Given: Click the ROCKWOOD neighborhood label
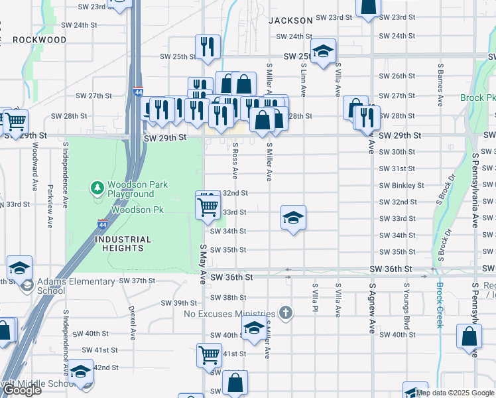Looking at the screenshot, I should coord(39,40).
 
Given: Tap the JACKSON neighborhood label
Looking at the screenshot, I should coord(290,21).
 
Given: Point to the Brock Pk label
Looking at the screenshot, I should coord(477,98).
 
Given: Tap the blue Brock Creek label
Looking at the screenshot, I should coord(440,305).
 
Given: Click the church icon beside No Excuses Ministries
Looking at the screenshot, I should coord(285,312).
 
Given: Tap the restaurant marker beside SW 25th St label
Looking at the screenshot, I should coord(208,46).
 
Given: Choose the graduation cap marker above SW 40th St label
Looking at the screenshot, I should coord(253,328).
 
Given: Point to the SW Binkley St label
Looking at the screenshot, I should coord(401,186).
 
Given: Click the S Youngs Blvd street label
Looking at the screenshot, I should coord(405,308).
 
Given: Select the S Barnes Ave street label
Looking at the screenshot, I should coord(440,85).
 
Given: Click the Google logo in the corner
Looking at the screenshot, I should coord(21,390).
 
